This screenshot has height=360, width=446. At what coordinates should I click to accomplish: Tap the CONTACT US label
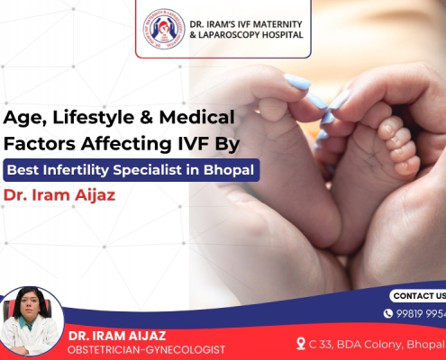tap(418, 295)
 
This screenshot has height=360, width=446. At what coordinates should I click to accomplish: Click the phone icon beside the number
tap(388, 313)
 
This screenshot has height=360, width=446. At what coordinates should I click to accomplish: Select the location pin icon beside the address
tap(301, 343)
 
